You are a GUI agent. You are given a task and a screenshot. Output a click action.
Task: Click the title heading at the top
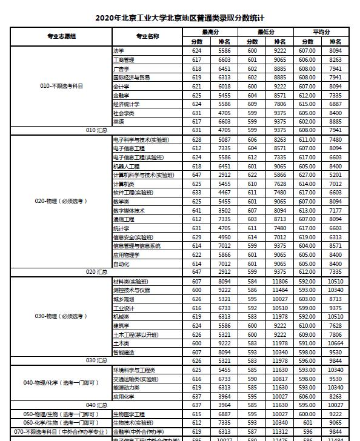(x=180, y=18)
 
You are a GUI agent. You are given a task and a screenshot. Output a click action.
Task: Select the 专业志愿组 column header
(x=62, y=36)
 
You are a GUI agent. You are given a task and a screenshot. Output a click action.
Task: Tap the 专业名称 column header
(x=147, y=36)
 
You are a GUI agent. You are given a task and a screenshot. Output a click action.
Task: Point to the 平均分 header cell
(x=321, y=31)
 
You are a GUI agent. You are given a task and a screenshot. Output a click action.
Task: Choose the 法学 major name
(x=118, y=51)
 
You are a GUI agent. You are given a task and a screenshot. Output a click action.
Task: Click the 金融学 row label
(x=121, y=95)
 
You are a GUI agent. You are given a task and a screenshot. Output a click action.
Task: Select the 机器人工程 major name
(x=126, y=166)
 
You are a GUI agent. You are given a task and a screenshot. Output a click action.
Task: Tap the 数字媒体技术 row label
(x=128, y=210)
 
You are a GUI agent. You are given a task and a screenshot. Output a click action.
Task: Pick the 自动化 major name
(x=121, y=264)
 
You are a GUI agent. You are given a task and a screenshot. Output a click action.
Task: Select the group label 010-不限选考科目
(x=62, y=86)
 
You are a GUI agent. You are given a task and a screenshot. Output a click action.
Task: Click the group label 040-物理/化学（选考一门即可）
(x=62, y=383)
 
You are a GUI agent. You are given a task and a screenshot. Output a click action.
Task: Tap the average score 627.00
(x=307, y=175)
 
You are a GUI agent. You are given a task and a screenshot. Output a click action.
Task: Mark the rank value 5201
(x=335, y=175)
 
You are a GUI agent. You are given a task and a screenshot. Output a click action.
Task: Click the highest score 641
(x=197, y=210)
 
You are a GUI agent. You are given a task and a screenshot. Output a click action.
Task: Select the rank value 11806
(x=280, y=282)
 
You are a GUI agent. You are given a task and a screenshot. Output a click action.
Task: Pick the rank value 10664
(x=335, y=343)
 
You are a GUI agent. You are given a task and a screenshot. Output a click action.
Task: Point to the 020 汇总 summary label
(x=96, y=273)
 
